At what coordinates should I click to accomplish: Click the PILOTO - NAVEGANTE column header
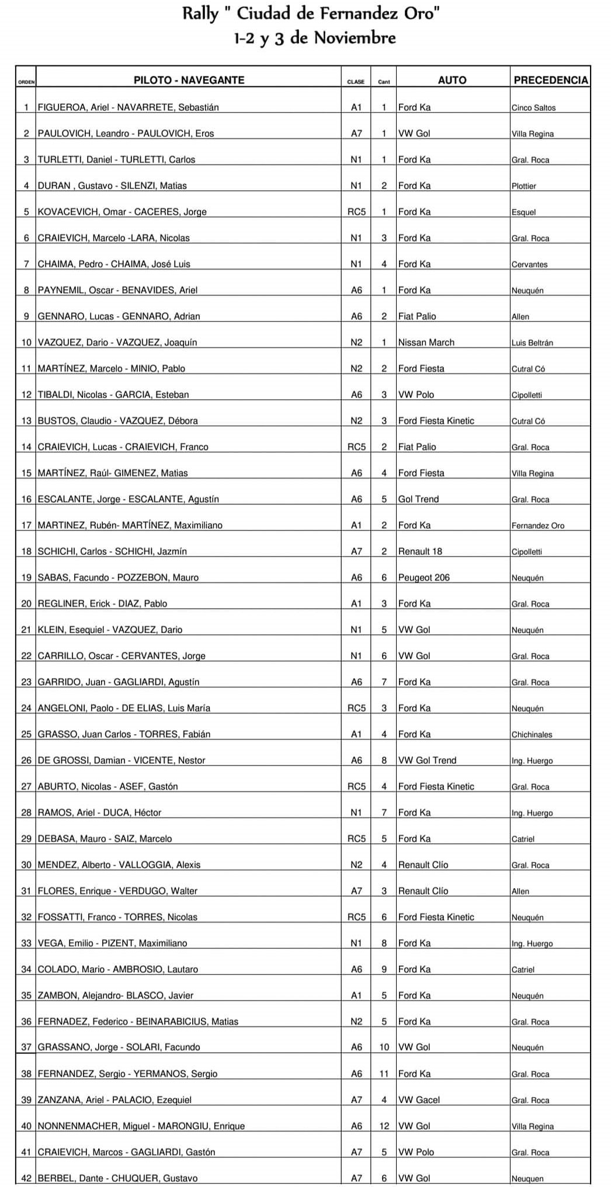pyautogui.click(x=189, y=81)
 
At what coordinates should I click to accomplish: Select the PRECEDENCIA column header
pyautogui.click(x=550, y=81)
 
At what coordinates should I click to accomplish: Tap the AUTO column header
pyautogui.click(x=452, y=81)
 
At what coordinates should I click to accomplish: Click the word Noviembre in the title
pyautogui.click(x=355, y=39)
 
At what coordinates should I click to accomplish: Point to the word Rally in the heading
pyautogui.click(x=200, y=13)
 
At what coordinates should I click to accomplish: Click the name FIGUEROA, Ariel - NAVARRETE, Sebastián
pyautogui.click(x=128, y=107)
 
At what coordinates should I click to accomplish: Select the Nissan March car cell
pyautogui.click(x=426, y=343)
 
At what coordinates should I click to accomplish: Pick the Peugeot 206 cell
pyautogui.click(x=423, y=578)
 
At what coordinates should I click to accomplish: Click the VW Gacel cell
pyautogui.click(x=419, y=1100)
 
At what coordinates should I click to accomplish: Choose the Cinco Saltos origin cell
pyautogui.click(x=533, y=108)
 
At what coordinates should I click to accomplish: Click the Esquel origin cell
pyautogui.click(x=523, y=212)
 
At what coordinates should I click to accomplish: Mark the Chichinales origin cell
pyautogui.click(x=532, y=735)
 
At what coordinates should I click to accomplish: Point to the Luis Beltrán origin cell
pyautogui.click(x=532, y=343)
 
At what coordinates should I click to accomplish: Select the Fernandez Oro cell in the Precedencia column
pyautogui.click(x=537, y=526)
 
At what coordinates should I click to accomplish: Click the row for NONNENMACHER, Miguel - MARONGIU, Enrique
pyautogui.click(x=141, y=1126)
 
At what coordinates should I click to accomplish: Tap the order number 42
pyautogui.click(x=26, y=1178)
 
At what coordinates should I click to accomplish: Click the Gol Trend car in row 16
pyautogui.click(x=418, y=500)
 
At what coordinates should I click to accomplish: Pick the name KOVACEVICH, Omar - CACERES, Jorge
pyautogui.click(x=122, y=212)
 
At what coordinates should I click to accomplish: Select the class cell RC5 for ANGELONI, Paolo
pyautogui.click(x=356, y=708)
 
